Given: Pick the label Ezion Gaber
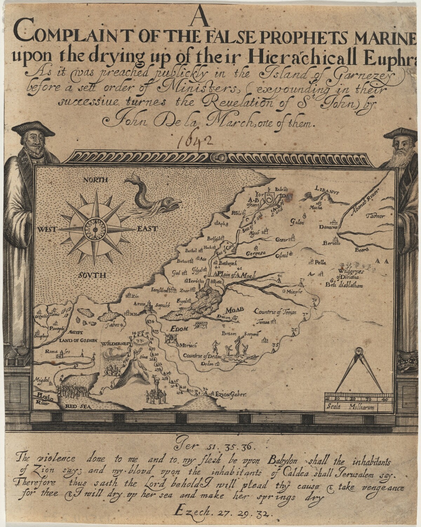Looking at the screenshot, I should (231, 394).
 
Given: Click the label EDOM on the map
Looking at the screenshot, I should (179, 328).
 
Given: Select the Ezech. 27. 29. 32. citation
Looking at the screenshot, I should (223, 513).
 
